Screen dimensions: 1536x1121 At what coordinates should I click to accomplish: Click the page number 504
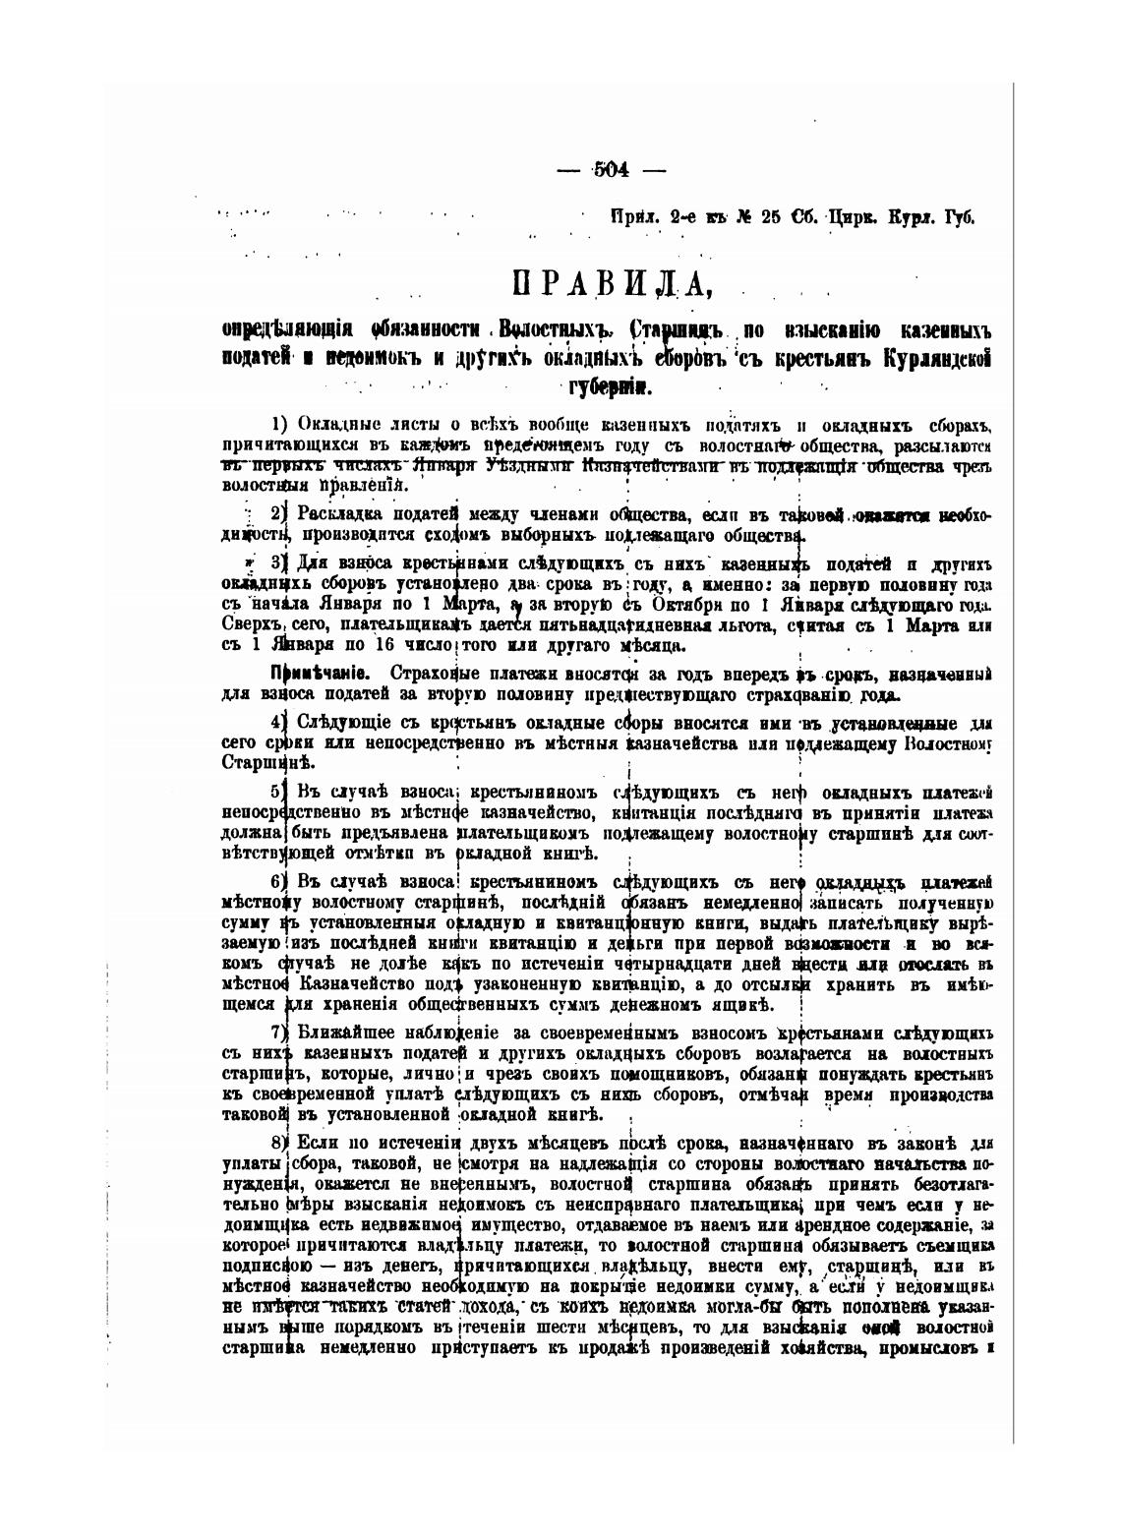(x=611, y=168)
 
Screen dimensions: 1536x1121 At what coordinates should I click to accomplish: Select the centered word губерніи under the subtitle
(x=611, y=385)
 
